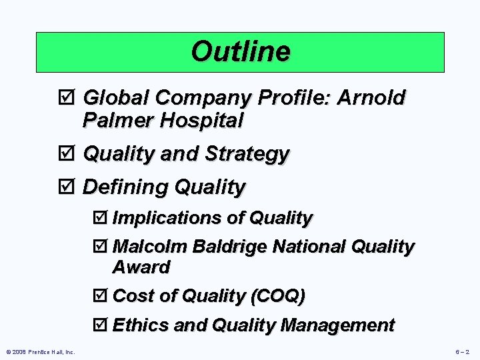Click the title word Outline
(x=240, y=51)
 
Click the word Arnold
(x=372, y=98)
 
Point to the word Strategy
(x=247, y=154)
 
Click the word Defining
(x=125, y=187)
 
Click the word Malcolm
(x=150, y=247)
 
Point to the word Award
(x=141, y=267)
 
